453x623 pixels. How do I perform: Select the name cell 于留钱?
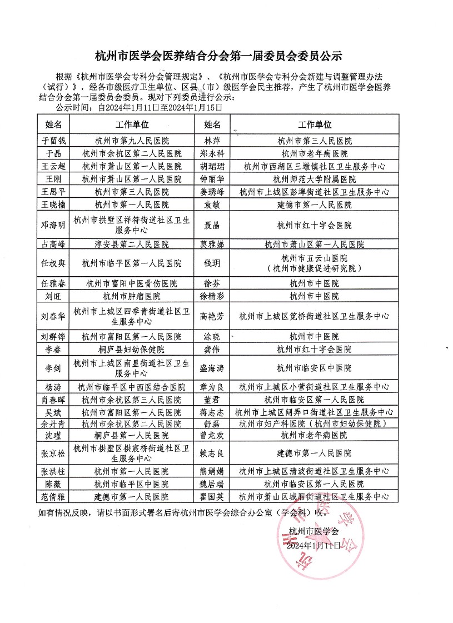point(54,141)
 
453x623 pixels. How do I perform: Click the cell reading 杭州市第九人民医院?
point(132,141)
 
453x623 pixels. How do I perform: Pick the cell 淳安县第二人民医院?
point(132,244)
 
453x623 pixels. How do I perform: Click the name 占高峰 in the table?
point(54,244)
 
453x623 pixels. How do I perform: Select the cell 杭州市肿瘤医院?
point(132,296)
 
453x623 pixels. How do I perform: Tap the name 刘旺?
point(54,296)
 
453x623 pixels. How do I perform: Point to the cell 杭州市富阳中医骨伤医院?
point(132,283)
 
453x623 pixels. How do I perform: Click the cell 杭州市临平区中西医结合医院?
point(132,387)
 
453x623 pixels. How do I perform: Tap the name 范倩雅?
point(54,496)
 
